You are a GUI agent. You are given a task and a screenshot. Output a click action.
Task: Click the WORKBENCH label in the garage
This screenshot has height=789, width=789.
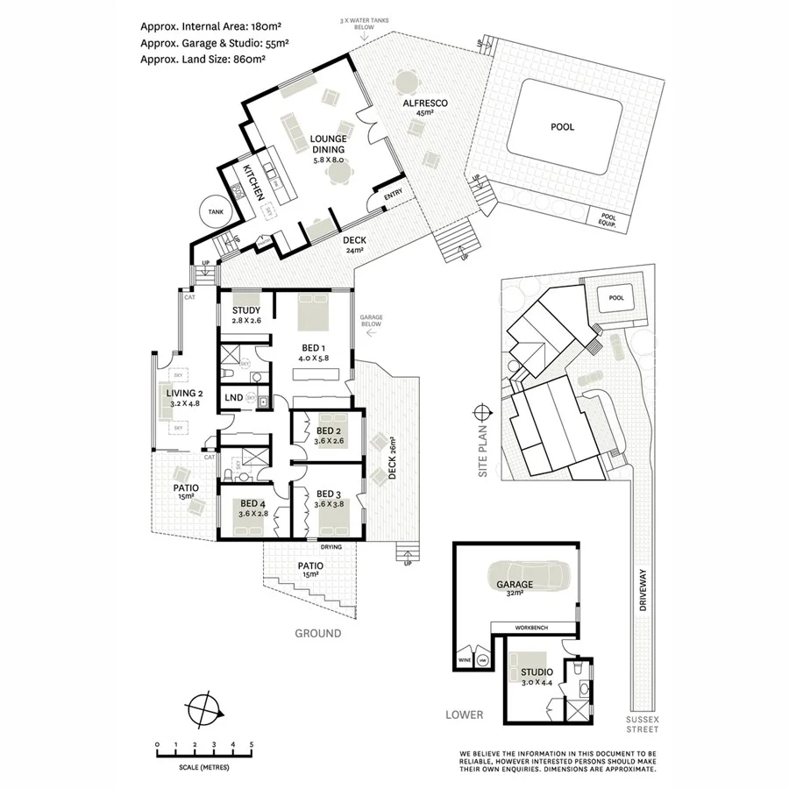click(x=535, y=628)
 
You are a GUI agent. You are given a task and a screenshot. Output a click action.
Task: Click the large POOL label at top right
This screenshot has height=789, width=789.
click(x=562, y=127)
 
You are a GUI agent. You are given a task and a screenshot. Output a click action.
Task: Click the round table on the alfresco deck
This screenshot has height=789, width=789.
click(x=407, y=84)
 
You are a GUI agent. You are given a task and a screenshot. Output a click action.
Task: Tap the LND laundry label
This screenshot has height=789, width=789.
click(x=233, y=398)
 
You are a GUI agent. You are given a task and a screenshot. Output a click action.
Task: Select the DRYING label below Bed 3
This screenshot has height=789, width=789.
click(x=331, y=547)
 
